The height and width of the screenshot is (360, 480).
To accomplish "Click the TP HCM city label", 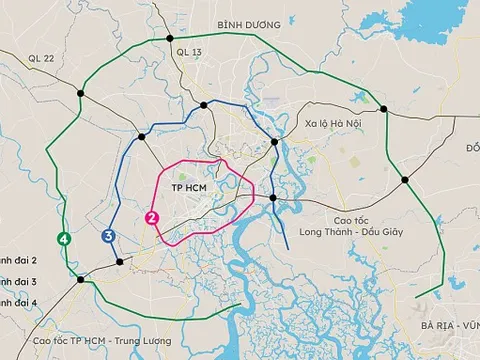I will tap(188, 187).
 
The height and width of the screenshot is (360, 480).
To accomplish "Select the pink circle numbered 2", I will tap(151, 217).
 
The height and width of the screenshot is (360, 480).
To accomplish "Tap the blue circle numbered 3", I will tap(107, 235).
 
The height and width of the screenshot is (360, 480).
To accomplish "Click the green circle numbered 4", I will tap(64, 239).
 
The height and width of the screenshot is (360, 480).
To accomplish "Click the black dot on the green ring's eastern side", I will tap(405, 180).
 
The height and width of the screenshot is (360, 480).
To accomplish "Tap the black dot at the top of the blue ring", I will tap(204, 104).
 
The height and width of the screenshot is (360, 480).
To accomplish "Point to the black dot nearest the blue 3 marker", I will tap(121, 262).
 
